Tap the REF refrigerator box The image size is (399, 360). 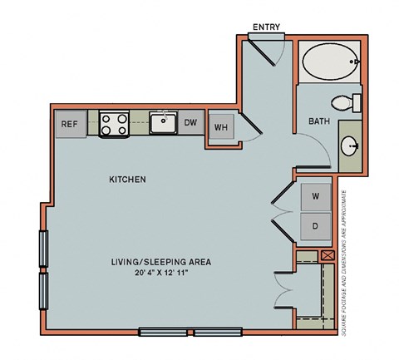coord(68,125)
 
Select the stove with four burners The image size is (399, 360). coord(116,125)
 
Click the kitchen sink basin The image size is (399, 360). coord(163,125)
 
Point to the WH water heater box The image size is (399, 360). coord(221,127)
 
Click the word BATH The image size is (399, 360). coord(319,121)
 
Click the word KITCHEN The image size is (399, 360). coord(128,180)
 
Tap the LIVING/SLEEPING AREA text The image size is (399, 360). coord(161,261)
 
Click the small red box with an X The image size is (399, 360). coord(327,257)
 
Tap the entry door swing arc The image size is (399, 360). coord(281,55)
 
